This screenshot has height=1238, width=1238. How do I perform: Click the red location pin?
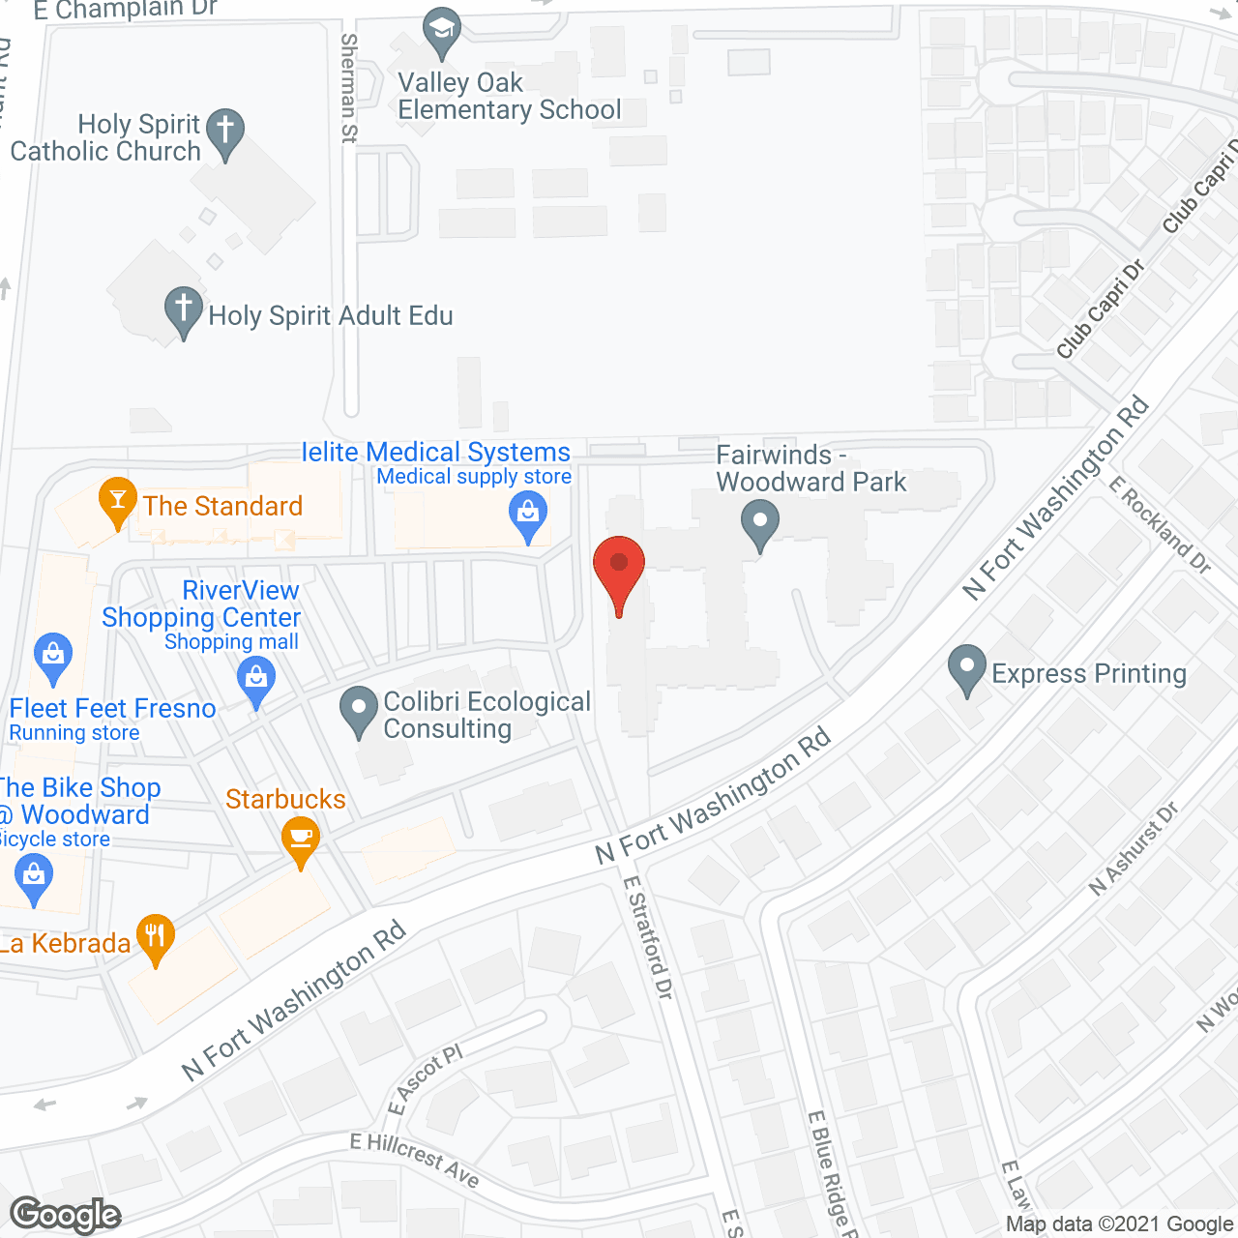pos(619,566)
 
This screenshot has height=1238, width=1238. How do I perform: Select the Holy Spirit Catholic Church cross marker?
pos(225,131)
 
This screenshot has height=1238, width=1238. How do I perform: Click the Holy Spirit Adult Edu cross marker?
pos(183,309)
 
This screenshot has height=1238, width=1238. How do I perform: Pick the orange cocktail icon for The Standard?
pos(118,500)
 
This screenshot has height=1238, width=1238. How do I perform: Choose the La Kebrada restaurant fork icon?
pos(155,936)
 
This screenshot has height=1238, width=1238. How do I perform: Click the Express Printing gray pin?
pos(966,667)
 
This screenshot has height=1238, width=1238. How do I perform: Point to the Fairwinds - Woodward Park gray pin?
pos(760,523)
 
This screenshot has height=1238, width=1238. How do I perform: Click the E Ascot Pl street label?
pos(425,1078)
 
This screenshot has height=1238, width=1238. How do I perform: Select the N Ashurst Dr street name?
pos(1133,848)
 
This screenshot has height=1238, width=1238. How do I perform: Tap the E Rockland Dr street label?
pos(1160,525)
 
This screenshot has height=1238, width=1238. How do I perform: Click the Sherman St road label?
pos(349,88)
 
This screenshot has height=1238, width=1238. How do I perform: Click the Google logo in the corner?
pos(65,1215)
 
